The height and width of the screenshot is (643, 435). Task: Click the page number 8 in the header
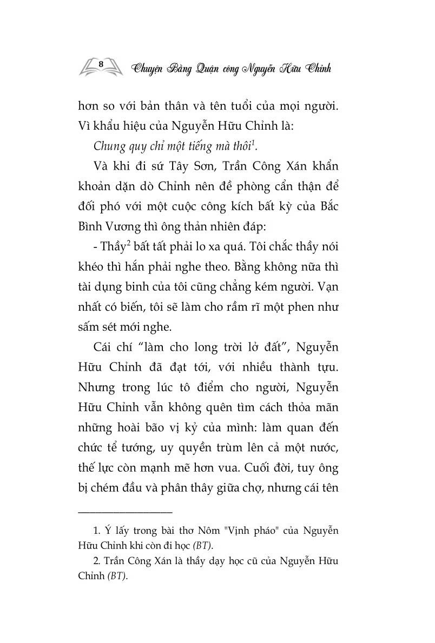pos(101,64)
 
